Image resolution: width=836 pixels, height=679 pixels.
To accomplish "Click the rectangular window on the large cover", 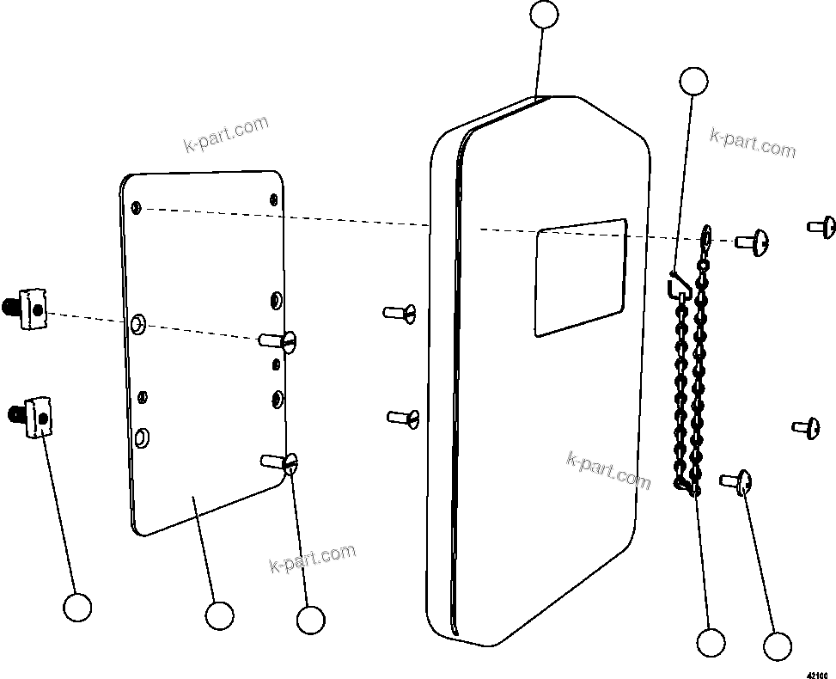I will tap(580, 277).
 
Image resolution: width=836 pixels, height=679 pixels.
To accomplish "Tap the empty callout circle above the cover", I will tap(543, 15).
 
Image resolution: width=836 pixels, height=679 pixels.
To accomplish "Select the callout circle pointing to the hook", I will tap(693, 82).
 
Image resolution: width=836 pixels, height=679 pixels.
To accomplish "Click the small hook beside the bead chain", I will tap(676, 284).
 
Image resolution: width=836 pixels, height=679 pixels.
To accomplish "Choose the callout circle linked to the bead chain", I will tap(711, 642).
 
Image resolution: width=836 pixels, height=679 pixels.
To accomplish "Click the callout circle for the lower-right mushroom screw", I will tap(777, 646).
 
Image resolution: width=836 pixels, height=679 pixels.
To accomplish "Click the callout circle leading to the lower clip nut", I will tap(77, 607).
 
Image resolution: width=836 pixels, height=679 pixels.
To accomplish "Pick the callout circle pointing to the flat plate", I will tap(219, 615).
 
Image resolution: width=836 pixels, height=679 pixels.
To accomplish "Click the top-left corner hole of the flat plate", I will tap(137, 208).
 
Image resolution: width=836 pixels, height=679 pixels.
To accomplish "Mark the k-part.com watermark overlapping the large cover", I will tap(607, 469).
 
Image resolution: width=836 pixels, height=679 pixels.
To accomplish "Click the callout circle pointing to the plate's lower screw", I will tap(309, 619).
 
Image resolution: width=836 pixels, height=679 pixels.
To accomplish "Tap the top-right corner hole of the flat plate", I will tap(273, 199).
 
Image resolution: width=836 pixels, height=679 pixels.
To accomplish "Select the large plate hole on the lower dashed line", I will tap(138, 324).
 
